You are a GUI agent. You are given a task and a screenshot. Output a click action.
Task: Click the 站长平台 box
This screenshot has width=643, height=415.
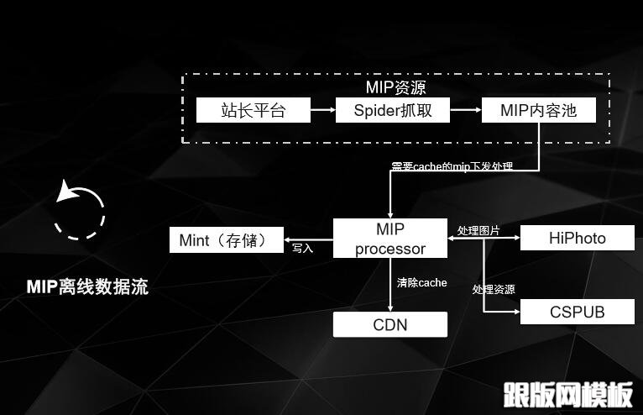(254, 110)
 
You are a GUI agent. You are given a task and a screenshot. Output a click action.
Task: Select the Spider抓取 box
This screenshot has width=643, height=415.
(392, 110)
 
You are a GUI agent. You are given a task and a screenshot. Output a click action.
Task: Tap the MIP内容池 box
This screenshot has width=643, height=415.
(539, 110)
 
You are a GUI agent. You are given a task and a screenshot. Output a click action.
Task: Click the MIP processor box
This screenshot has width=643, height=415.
(390, 239)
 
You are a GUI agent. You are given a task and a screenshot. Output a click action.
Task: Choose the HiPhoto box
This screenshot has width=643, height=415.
(577, 238)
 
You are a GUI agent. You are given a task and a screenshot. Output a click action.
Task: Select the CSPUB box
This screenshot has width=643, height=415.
(577, 313)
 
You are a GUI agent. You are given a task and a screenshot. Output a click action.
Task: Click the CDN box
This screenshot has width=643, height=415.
(390, 324)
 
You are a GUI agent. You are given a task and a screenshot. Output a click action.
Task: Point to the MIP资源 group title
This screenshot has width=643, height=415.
(396, 87)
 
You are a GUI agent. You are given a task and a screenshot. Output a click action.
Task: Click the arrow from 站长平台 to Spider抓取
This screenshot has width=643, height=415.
(323, 110)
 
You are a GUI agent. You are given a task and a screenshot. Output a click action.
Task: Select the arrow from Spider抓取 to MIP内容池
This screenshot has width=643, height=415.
(465, 110)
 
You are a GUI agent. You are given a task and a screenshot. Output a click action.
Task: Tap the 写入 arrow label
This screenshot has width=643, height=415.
(302, 249)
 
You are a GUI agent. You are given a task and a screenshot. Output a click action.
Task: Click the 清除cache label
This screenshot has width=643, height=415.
(422, 282)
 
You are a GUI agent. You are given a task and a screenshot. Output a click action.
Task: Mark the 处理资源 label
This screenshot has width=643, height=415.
(494, 290)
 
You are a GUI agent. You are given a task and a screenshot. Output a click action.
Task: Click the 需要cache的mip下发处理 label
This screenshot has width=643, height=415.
(452, 166)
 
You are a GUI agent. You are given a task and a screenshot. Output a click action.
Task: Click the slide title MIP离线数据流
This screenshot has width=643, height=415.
(87, 287)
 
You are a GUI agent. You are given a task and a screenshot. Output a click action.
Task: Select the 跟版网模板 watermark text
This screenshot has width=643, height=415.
(568, 394)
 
